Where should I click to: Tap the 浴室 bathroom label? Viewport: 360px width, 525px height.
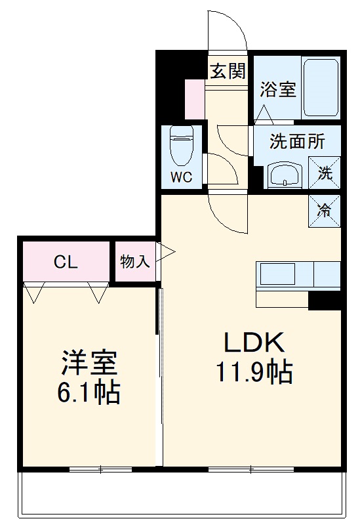(x=277, y=90)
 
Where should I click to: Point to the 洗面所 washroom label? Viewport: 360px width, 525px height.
(x=297, y=140)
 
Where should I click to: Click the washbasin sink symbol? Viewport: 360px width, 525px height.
(x=284, y=176)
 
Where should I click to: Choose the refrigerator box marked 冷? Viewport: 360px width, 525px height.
(x=325, y=211)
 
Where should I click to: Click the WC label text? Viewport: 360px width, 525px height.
(x=181, y=177)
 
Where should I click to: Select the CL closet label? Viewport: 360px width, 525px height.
(x=66, y=262)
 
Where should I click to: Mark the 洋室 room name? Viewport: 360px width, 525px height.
(x=90, y=362)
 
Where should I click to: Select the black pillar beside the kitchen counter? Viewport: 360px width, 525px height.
(x=325, y=300)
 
